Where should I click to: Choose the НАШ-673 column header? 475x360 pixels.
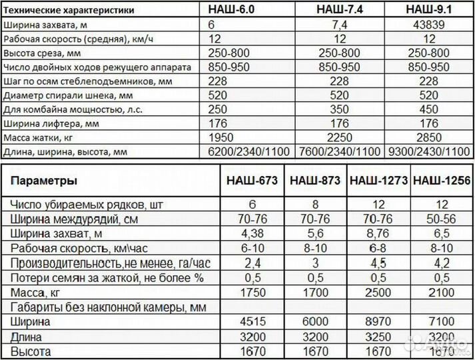pyautogui.click(x=252, y=181)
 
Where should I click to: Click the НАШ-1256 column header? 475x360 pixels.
pyautogui.click(x=441, y=181)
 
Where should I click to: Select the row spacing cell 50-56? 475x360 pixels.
pyautogui.click(x=441, y=217)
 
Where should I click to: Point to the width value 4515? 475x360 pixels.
pyautogui.click(x=252, y=322)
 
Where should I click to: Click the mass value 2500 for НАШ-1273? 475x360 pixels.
pyautogui.click(x=378, y=291)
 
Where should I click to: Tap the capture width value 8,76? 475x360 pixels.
pyautogui.click(x=378, y=232)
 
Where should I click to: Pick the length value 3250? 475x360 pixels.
pyautogui.click(x=378, y=337)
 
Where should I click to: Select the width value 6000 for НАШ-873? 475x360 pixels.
pyautogui.click(x=316, y=322)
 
